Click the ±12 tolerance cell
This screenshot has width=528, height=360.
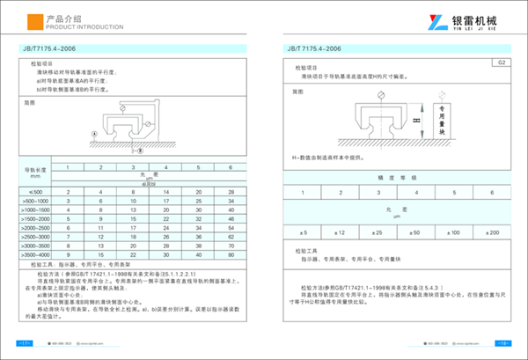tap(341, 231)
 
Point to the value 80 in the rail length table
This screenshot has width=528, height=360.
tap(231, 255)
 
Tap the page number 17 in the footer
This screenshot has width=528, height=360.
tap(26, 343)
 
